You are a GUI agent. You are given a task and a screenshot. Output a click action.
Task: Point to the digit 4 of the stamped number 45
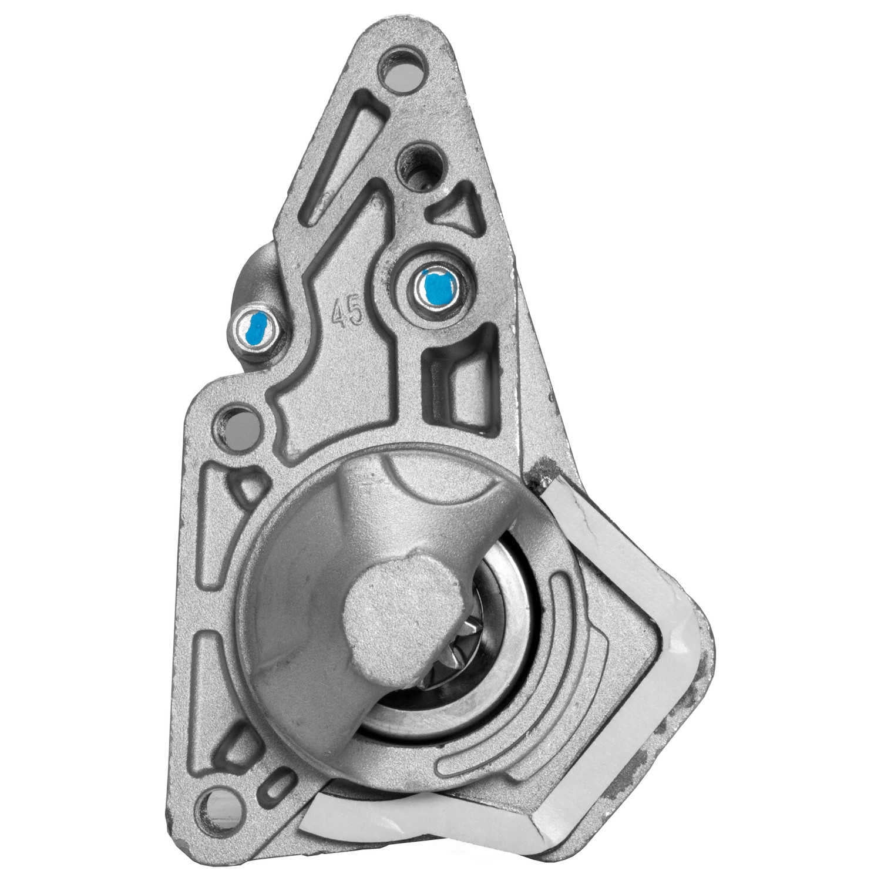click(x=339, y=316)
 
